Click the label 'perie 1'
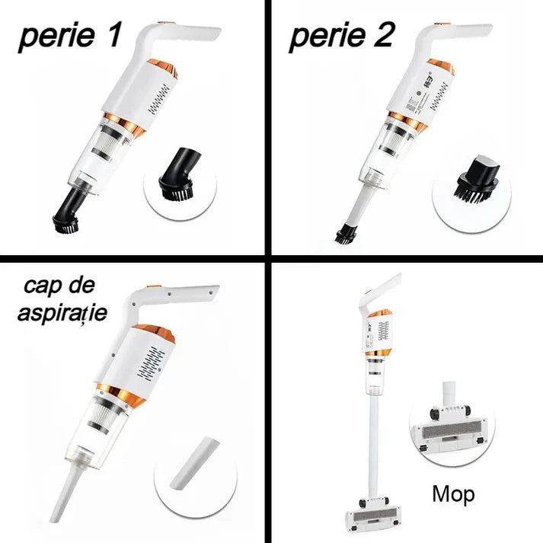coord(69,37)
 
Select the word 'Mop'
coord(453,493)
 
